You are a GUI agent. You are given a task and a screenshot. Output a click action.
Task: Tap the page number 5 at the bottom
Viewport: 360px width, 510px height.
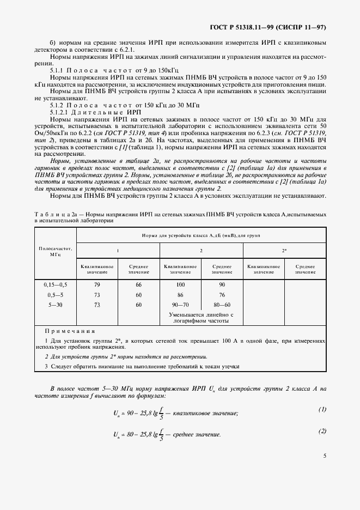tap(324, 471)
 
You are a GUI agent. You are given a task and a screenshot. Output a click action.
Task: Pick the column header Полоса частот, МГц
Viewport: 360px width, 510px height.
tap(55, 251)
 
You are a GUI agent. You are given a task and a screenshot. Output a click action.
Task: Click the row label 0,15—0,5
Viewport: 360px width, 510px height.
tap(55, 285)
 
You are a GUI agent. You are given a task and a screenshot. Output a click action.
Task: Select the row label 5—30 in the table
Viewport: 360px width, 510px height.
tap(55, 305)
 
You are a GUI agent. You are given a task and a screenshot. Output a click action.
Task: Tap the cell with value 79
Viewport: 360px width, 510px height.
tap(97, 285)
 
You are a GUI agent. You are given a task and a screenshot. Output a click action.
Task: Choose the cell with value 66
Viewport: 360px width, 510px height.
tap(138, 285)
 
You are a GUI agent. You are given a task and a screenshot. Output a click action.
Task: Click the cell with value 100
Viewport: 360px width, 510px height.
tap(180, 285)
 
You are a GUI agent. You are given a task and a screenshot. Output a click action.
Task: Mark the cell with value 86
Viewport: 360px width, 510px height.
tap(180, 295)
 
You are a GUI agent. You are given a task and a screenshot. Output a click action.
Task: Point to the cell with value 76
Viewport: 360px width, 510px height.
tap(222, 295)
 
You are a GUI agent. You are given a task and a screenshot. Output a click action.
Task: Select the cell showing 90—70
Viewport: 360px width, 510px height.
tap(180, 305)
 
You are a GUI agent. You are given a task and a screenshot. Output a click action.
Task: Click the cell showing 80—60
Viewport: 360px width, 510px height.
tap(222, 305)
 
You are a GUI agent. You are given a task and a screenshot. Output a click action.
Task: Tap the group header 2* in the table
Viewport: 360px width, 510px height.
tap(284, 250)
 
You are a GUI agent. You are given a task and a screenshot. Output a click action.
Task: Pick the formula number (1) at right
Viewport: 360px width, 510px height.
tap(321, 409)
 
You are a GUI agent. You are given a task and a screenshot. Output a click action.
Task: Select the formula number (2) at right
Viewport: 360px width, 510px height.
tap(321, 431)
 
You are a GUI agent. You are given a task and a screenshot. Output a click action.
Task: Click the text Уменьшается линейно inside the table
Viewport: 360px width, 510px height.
tap(202, 315)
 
